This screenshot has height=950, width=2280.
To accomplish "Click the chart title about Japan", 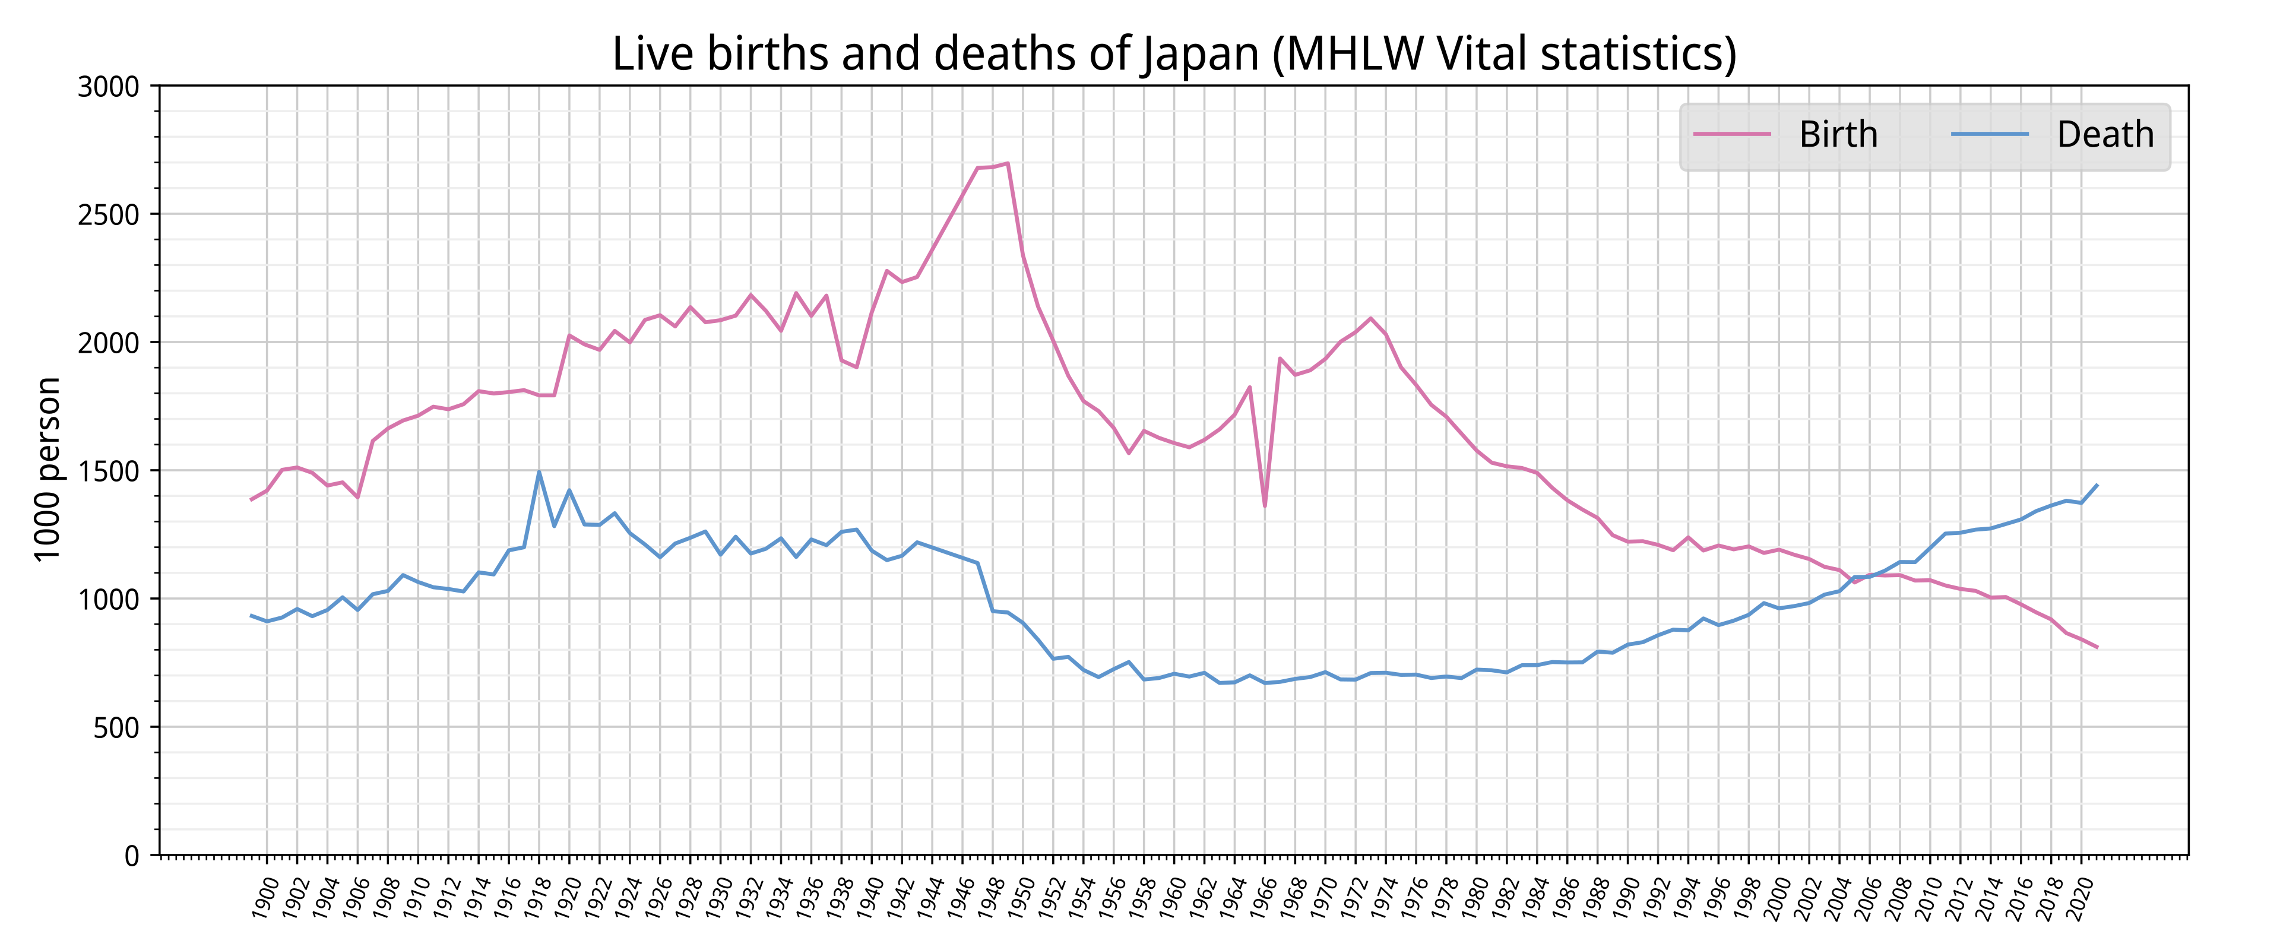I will pos(1174,54).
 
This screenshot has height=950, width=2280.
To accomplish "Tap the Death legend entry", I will pos(2104,135).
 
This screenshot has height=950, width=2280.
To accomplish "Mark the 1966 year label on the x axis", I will pos(1262,897).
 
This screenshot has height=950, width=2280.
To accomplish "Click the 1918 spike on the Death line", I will pos(539,472).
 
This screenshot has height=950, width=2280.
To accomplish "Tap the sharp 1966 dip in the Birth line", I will pos(1265,505).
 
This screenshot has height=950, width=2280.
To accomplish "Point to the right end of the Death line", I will pos(2097,485).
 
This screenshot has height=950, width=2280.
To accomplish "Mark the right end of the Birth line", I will pos(2097,647).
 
